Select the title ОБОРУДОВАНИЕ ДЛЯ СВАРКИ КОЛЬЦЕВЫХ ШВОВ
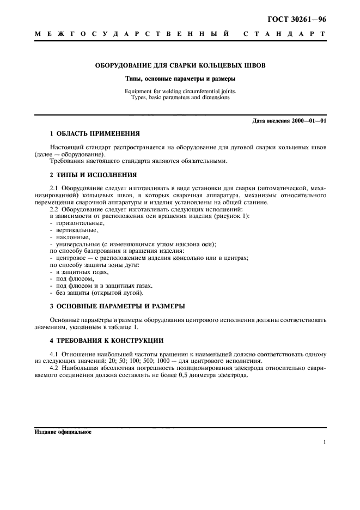[x=180, y=66]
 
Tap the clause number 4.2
[x=54, y=368]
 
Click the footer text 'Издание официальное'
[x=63, y=432]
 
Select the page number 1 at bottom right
[x=324, y=442]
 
